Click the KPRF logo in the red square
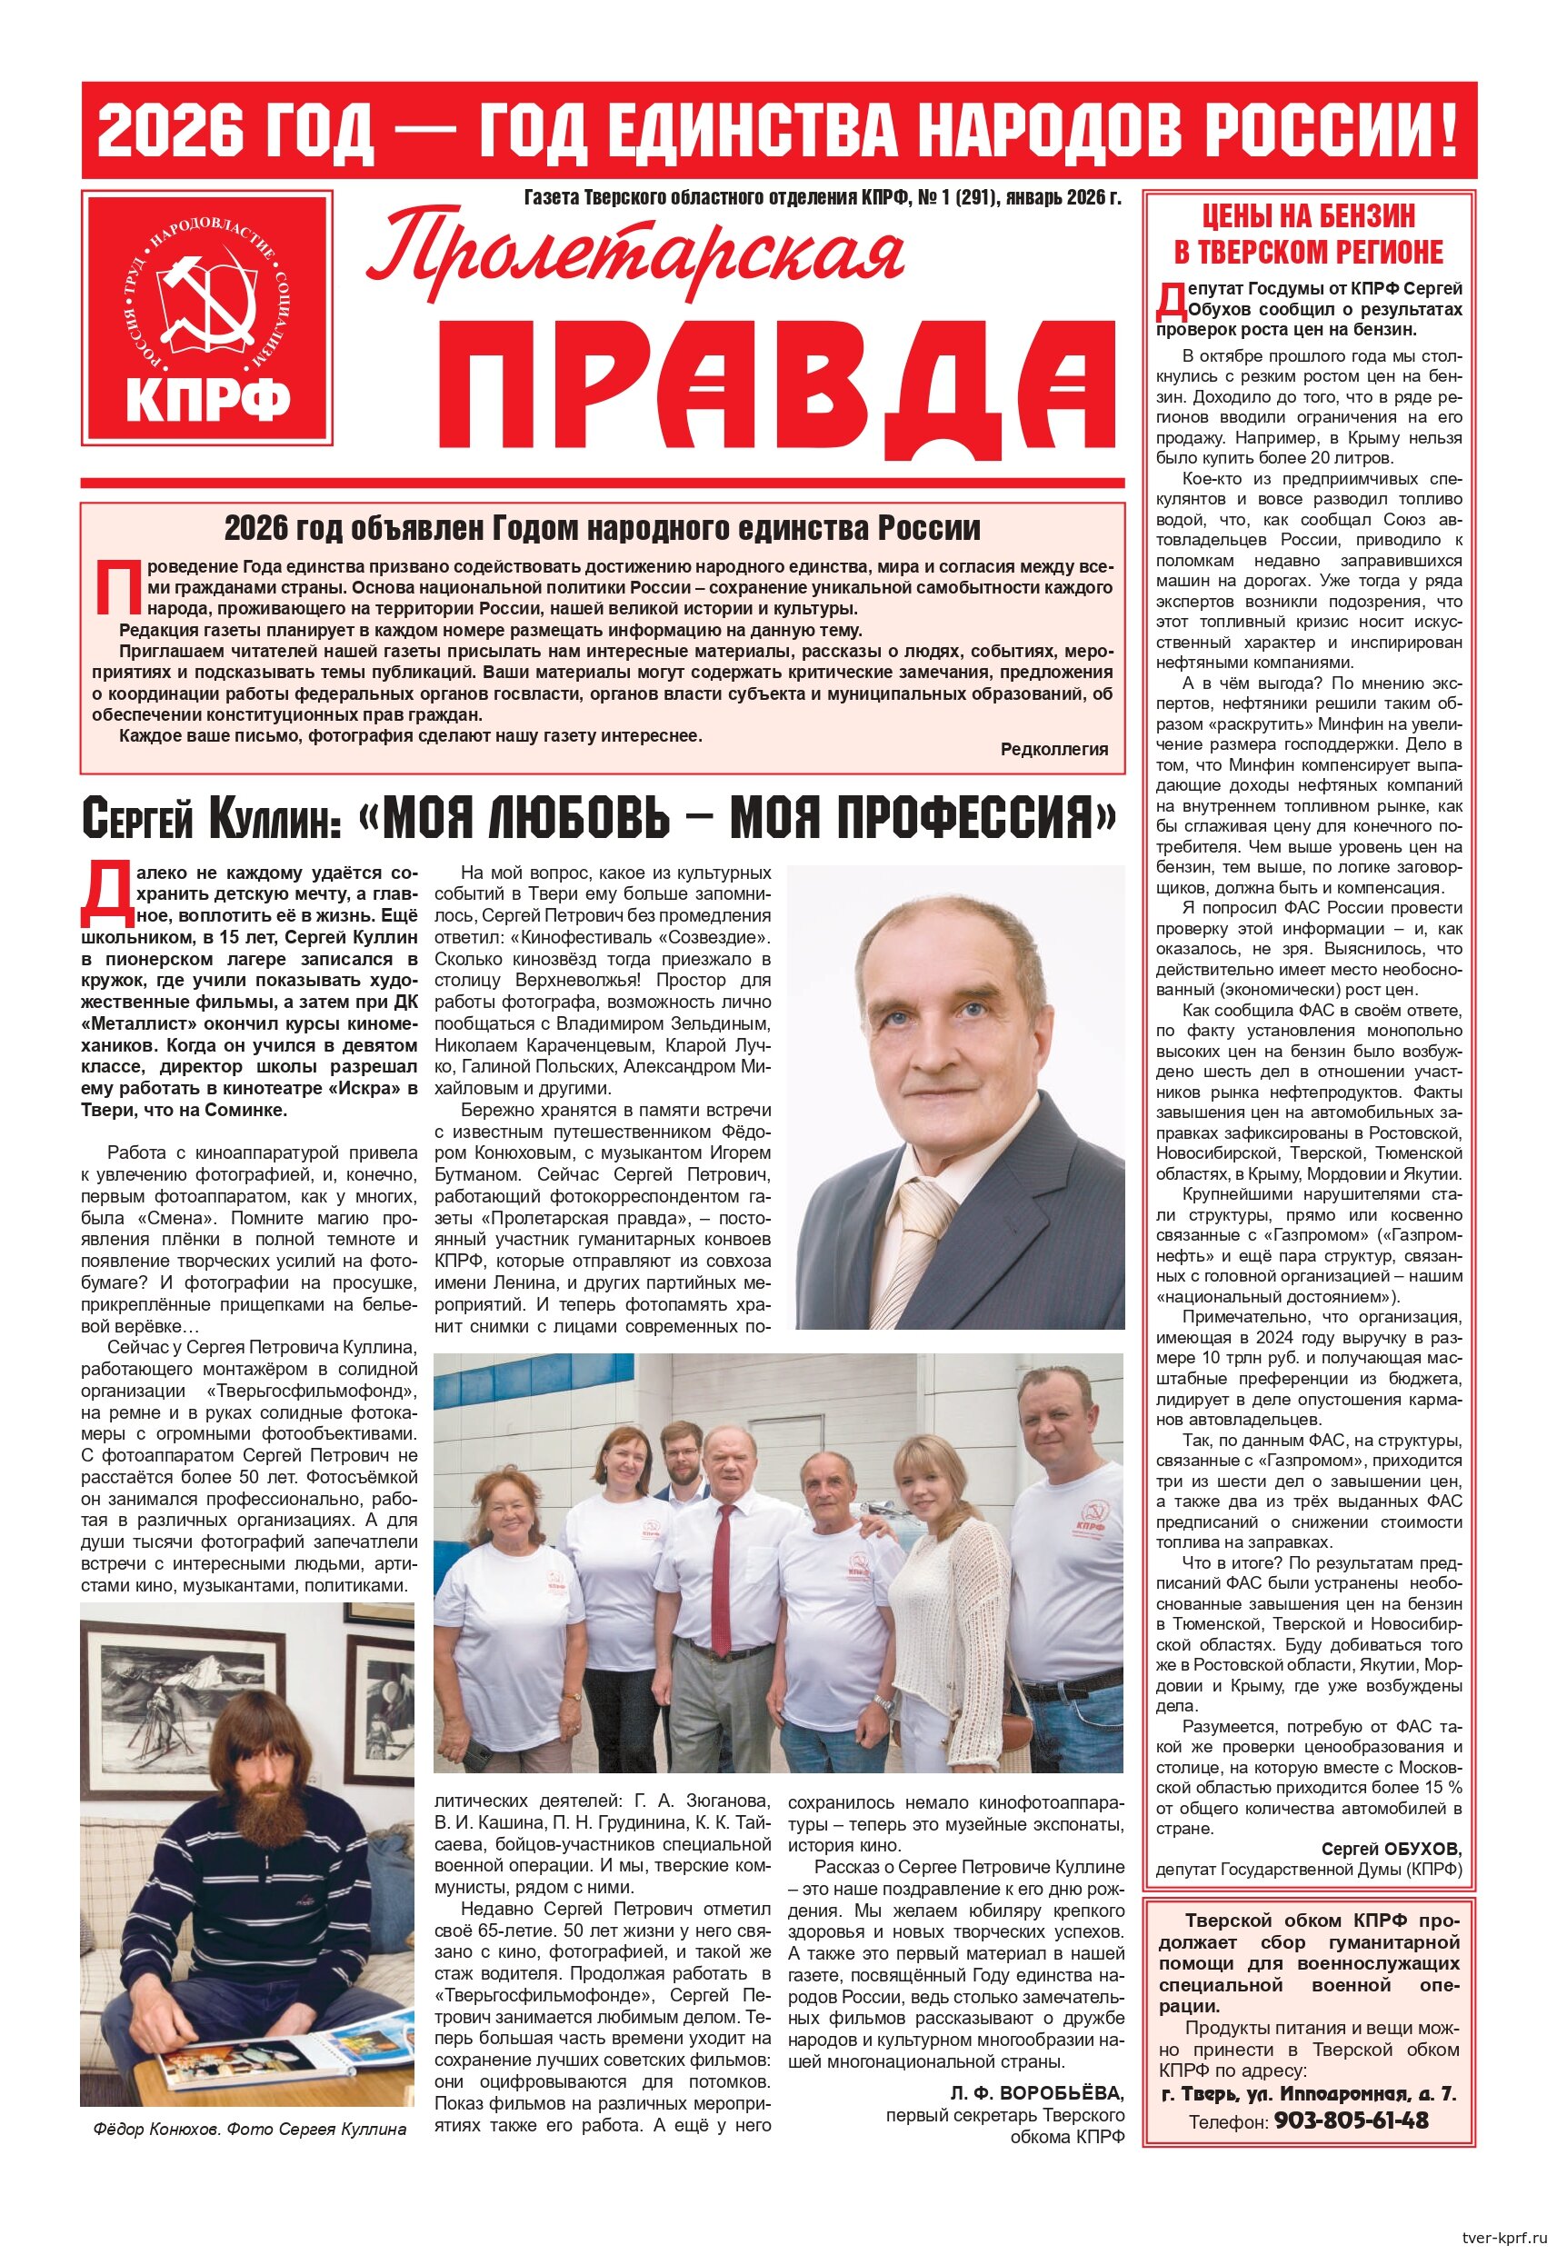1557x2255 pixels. pyautogui.click(x=207, y=318)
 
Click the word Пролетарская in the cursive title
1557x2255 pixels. pyautogui.click(x=635, y=254)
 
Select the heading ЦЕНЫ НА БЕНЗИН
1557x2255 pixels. pyautogui.click(x=1307, y=215)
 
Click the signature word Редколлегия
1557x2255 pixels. pyautogui.click(x=1053, y=749)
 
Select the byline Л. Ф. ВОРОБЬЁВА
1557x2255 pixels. pyautogui.click(x=1037, y=2093)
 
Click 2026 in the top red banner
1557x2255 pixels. pyautogui.click(x=169, y=130)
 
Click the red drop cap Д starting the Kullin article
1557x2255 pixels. pyautogui.click(x=107, y=892)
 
